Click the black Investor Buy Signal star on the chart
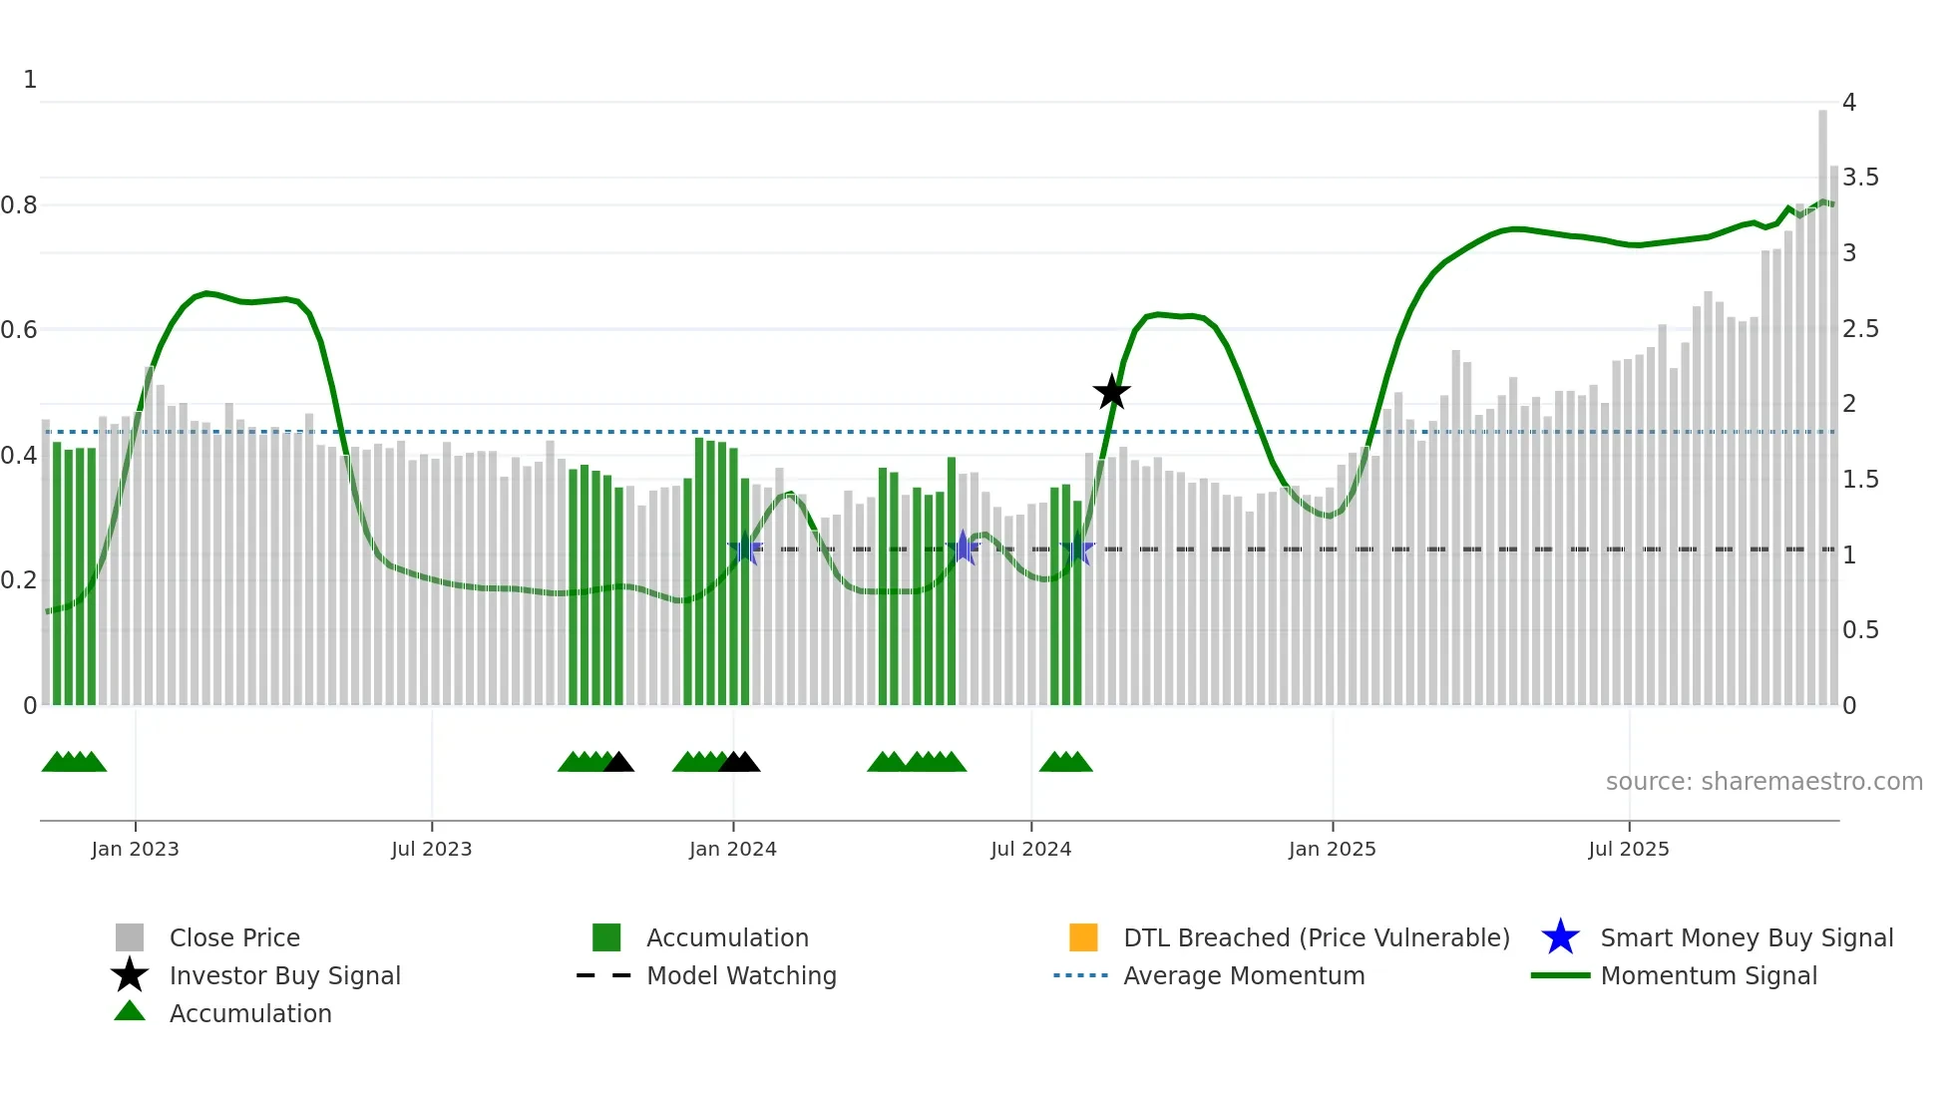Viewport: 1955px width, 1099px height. pyautogui.click(x=1111, y=393)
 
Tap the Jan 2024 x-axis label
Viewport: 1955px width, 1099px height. pyautogui.click(x=732, y=850)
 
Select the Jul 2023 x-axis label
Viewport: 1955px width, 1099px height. pyautogui.click(x=431, y=850)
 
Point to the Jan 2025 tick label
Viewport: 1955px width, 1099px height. pyautogui.click(x=1332, y=850)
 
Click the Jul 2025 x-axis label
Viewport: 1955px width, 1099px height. pyautogui.click(x=1628, y=850)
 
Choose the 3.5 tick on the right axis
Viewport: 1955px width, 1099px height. pyautogui.click(x=1860, y=178)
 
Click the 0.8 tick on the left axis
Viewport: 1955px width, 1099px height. pyautogui.click(x=19, y=205)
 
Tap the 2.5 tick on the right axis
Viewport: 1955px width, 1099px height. pyautogui.click(x=1860, y=329)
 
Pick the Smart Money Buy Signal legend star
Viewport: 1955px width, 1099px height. pyautogui.click(x=1560, y=937)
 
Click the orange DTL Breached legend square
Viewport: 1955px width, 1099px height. pyautogui.click(x=1083, y=937)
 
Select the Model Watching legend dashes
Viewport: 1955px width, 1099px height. pyautogui.click(x=603, y=975)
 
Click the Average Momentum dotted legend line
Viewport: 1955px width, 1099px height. pyautogui.click(x=1080, y=975)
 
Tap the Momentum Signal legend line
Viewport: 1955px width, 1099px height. pyautogui.click(x=1560, y=975)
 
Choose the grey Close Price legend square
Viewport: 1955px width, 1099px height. pyautogui.click(x=130, y=937)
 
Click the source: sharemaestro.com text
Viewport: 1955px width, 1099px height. pyautogui.click(x=1763, y=782)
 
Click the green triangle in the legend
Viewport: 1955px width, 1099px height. pyautogui.click(x=130, y=1011)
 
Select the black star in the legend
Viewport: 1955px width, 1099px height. pyautogui.click(x=130, y=975)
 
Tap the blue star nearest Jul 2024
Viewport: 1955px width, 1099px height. pyautogui.click(x=1077, y=549)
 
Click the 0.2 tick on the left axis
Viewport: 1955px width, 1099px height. pyautogui.click(x=19, y=580)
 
